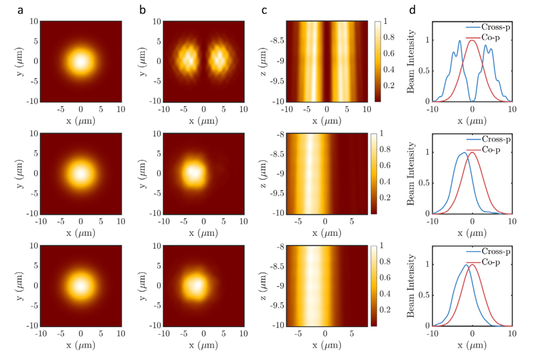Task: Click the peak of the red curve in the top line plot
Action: coord(472,40)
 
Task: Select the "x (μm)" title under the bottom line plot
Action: coord(472,345)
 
